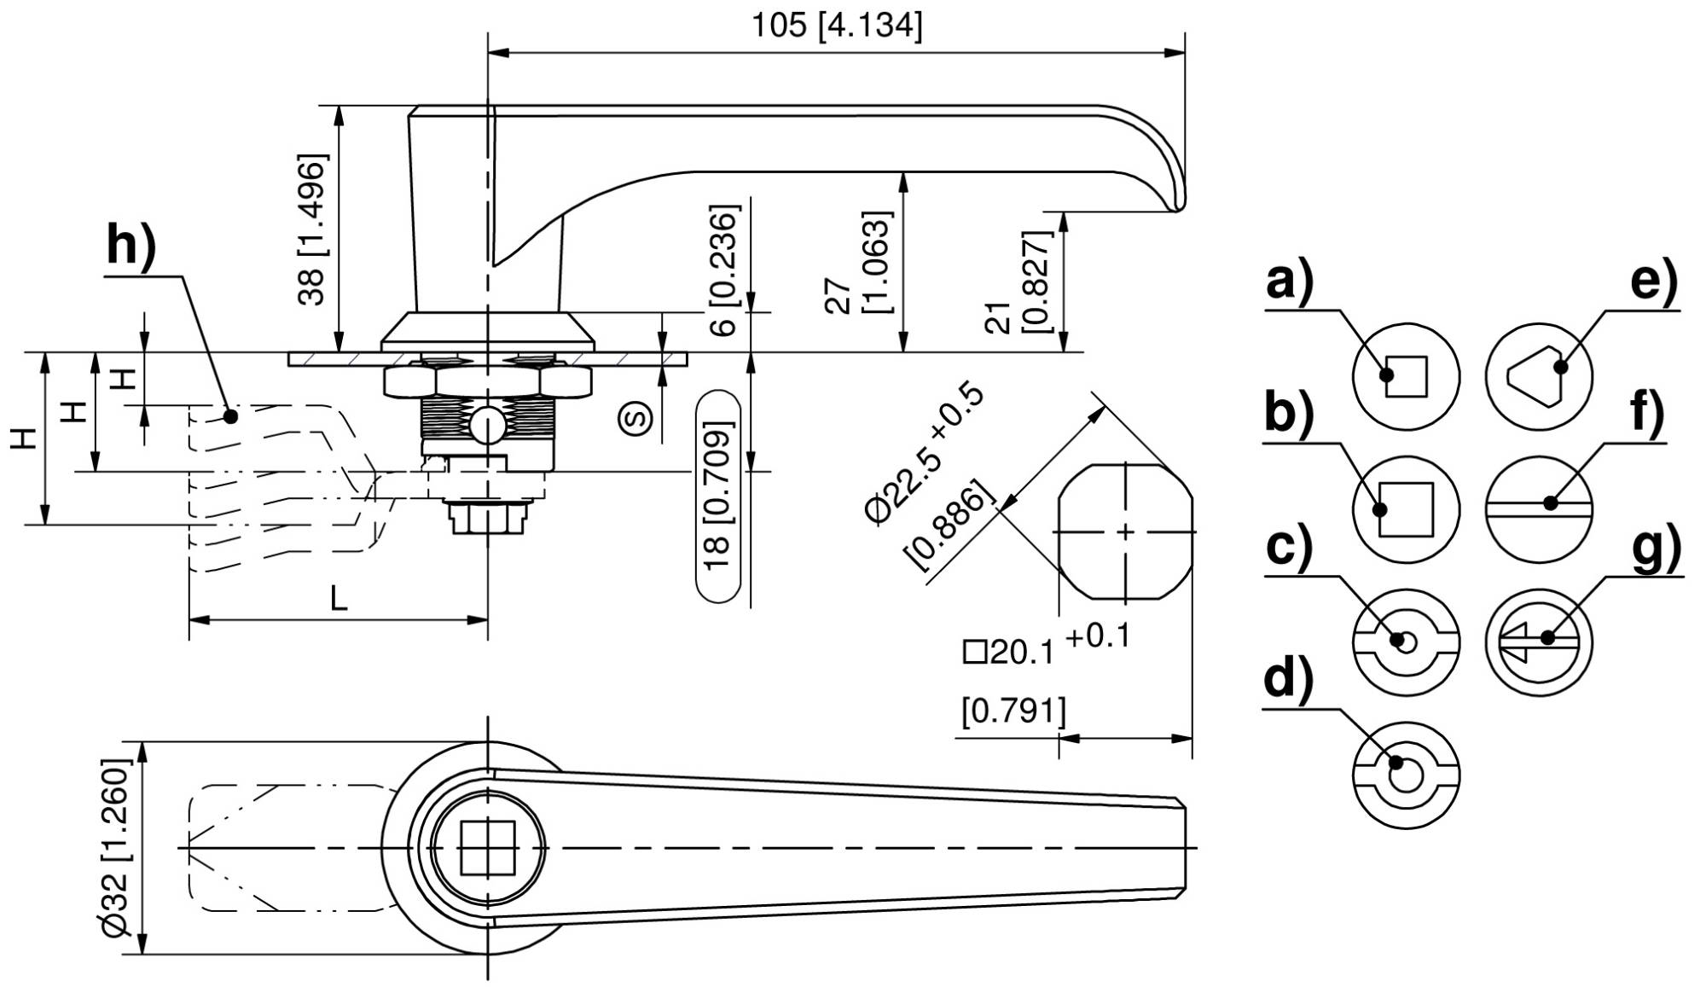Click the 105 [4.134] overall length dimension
point(836,26)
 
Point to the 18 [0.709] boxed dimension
point(718,497)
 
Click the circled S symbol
point(636,417)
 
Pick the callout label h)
point(132,247)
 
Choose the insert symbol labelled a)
point(1407,376)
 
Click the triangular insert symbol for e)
point(1540,376)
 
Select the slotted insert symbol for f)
point(1540,509)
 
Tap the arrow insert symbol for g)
point(1540,642)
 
